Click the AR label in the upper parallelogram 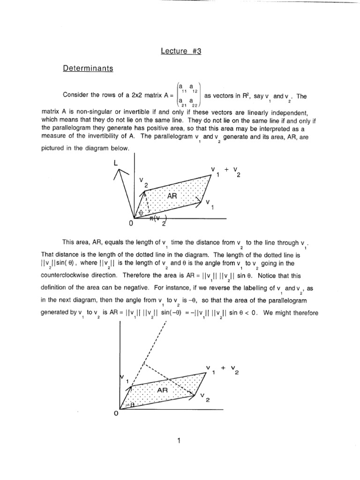coord(172,197)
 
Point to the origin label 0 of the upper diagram coord(132,224)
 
